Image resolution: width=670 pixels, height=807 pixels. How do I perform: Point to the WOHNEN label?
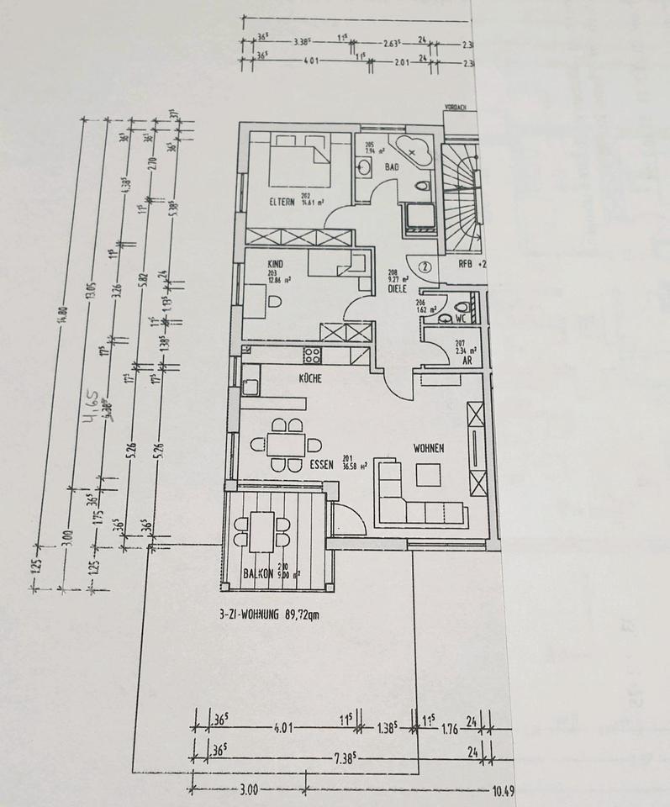(428, 449)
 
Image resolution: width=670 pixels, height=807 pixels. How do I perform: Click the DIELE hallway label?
(398, 288)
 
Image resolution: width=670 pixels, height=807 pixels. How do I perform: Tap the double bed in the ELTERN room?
(299, 163)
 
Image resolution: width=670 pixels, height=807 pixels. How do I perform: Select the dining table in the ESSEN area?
(288, 444)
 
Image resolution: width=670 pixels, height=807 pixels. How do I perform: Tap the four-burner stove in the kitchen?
(312, 353)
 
